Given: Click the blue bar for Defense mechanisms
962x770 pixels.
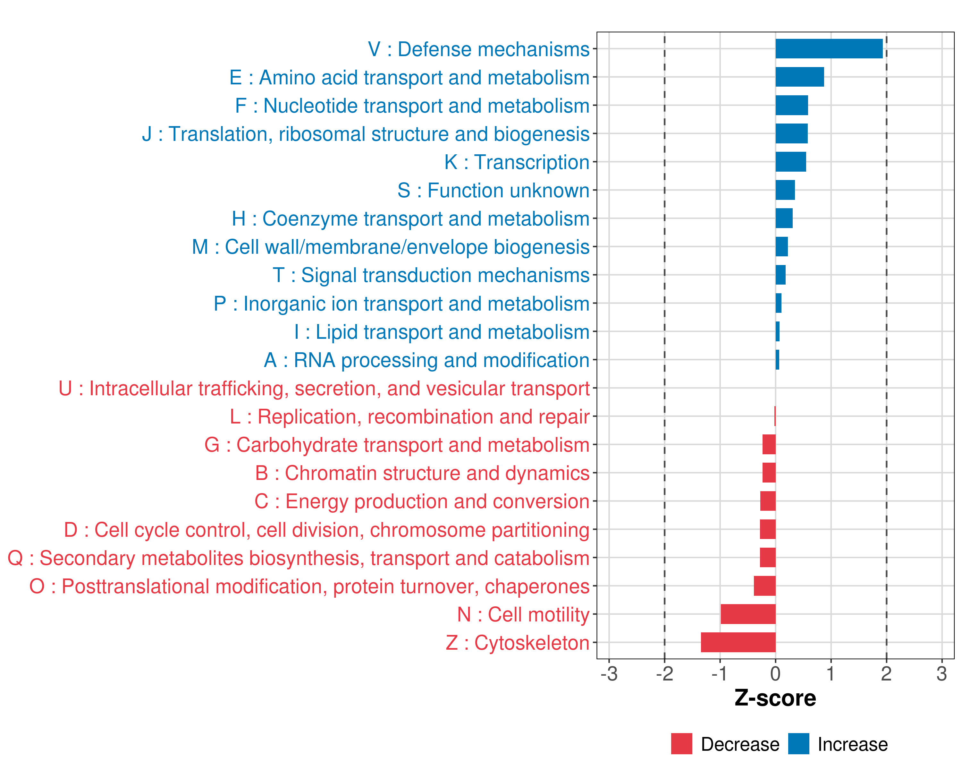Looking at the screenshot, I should (829, 49).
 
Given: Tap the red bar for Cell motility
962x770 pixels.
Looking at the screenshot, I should (748, 614).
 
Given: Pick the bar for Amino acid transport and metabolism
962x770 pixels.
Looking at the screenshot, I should (800, 77).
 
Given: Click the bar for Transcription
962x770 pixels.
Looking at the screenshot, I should (791, 162).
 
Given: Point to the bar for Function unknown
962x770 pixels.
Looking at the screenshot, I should (785, 190).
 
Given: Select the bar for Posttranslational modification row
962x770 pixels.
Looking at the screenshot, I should (764, 586).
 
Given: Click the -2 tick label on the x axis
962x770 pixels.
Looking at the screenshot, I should (664, 673).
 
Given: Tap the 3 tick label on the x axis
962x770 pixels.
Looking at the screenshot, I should (941, 673).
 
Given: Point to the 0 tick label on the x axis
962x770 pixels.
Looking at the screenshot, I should (775, 673).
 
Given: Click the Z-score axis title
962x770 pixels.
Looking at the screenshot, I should (775, 698).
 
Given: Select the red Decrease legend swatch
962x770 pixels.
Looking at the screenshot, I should (681, 744).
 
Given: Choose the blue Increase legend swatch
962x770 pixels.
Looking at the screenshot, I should (798, 744).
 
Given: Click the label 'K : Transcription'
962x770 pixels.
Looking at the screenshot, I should (517, 162).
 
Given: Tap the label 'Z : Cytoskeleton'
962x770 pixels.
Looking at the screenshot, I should (518, 643).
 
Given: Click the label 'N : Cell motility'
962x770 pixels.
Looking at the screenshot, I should (523, 615).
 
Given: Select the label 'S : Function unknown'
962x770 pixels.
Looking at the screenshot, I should (494, 191).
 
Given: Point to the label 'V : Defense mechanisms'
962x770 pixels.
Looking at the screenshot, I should (479, 49).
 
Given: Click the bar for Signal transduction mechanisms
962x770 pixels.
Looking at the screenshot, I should (781, 275).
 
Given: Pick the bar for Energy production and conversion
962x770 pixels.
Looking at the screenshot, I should (768, 501).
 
